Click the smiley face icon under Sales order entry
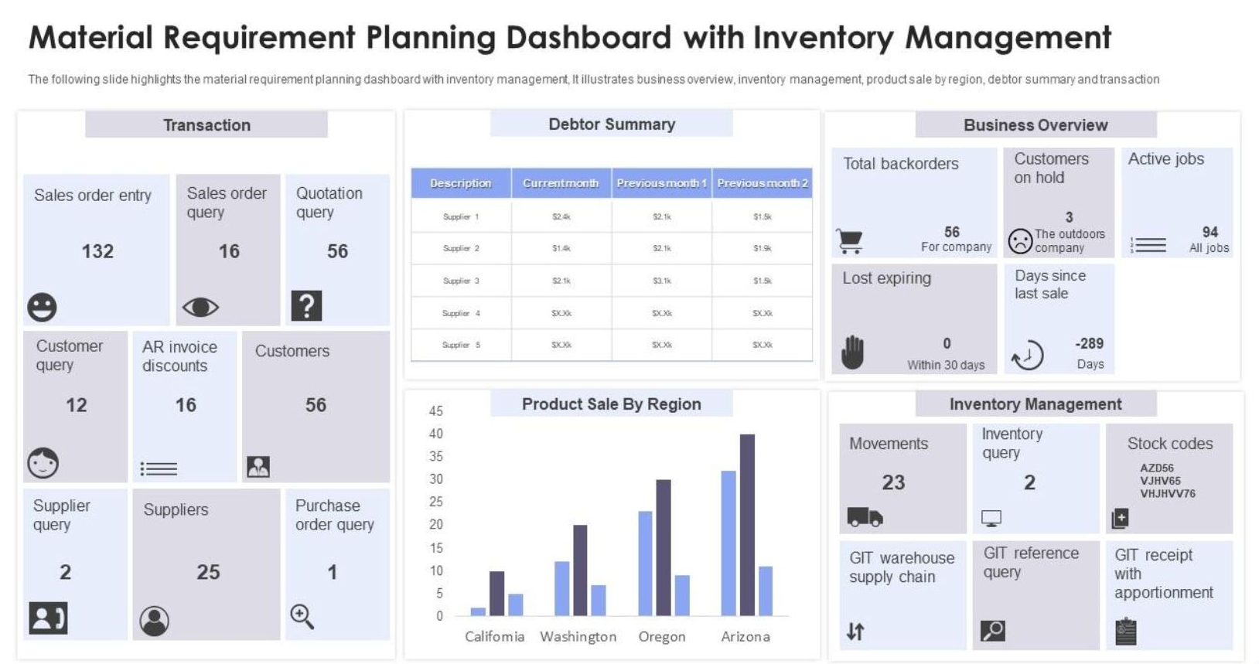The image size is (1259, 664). [42, 307]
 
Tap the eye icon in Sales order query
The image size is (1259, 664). [200, 308]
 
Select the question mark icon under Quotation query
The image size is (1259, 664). [306, 306]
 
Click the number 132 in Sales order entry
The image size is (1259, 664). [97, 251]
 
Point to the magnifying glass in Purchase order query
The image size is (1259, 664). [302, 616]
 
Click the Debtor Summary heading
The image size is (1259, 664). [612, 124]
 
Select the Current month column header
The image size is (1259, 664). [561, 183]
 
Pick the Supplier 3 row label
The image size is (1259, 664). [461, 281]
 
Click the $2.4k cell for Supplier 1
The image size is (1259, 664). [561, 217]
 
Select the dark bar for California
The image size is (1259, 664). [497, 593]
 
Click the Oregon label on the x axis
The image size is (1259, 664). [662, 636]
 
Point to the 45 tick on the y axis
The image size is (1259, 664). [436, 410]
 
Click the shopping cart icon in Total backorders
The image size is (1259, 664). [850, 241]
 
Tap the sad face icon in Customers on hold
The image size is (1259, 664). [1020, 241]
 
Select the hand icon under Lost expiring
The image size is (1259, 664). [852, 352]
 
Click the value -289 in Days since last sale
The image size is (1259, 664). [1089, 343]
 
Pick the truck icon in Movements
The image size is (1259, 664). [865, 516]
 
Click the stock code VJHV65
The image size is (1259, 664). [1160, 481]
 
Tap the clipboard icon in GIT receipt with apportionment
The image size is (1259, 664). [1126, 632]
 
